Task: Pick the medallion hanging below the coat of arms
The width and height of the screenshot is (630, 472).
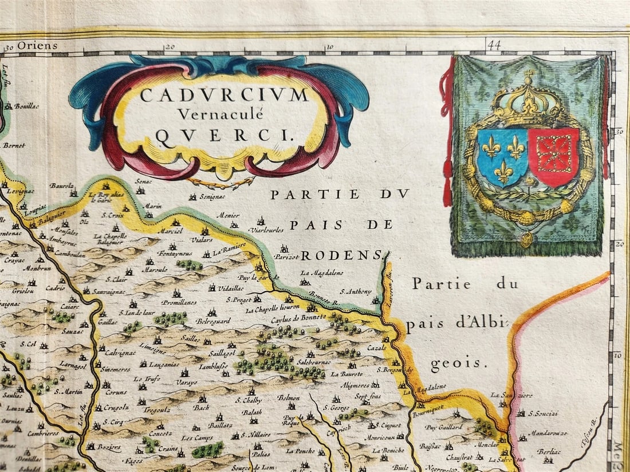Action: [x=526, y=239]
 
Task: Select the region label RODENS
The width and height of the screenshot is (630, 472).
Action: [x=341, y=255]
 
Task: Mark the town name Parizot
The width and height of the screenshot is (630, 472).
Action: [x=286, y=257]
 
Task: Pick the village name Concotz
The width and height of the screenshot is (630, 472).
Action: [x=160, y=434]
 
